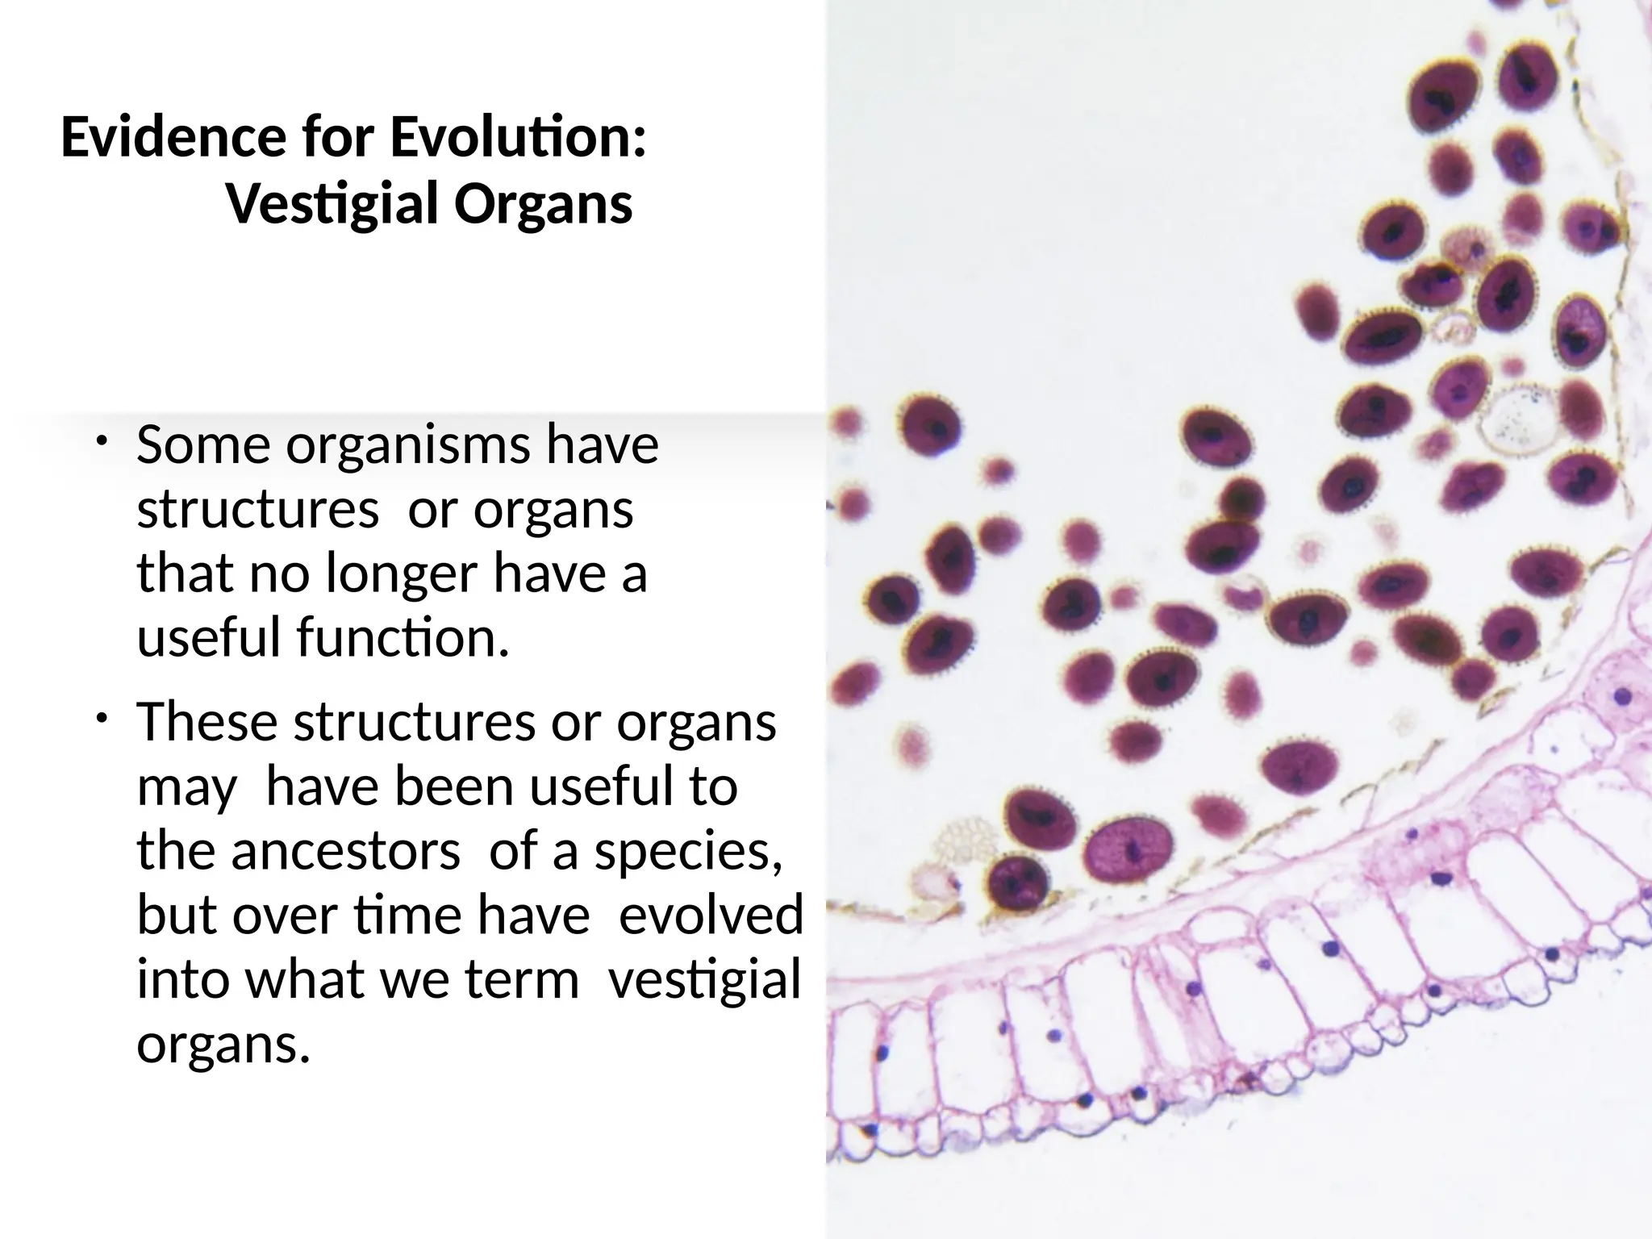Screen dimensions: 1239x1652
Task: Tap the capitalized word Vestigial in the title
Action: coord(332,205)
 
